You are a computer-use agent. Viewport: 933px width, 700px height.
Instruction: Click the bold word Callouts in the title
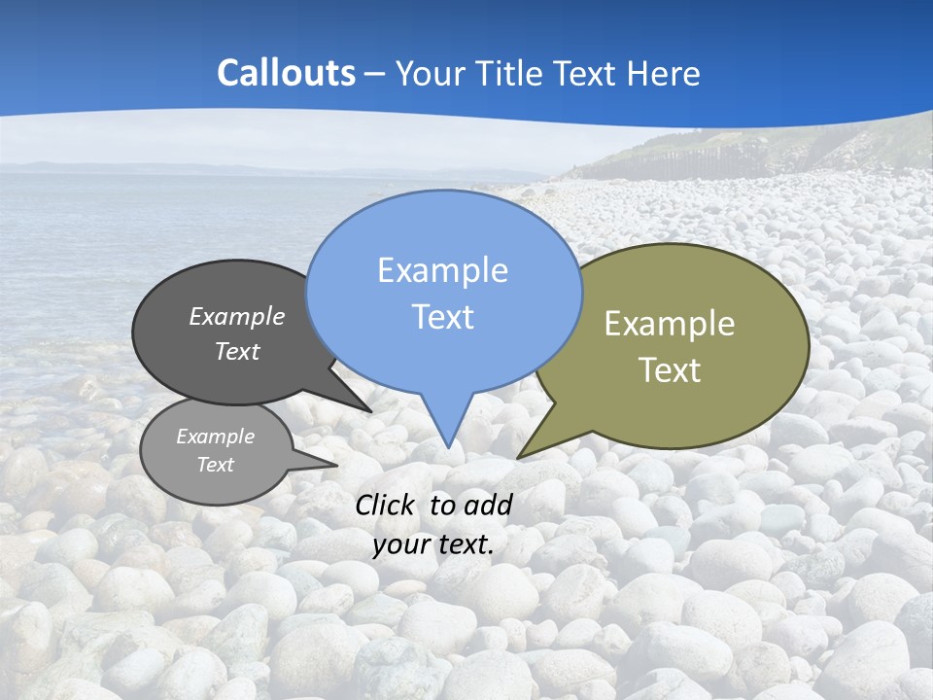(286, 73)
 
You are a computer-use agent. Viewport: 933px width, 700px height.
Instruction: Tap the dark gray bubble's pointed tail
(365, 408)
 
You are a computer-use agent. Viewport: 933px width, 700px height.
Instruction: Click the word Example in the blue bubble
(442, 270)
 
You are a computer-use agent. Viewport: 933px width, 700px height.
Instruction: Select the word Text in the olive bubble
(670, 370)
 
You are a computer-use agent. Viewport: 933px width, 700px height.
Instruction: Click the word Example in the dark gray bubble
(236, 316)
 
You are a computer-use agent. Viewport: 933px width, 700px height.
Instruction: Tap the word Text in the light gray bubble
(215, 465)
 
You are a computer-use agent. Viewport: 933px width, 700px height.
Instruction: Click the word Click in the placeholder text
(385, 505)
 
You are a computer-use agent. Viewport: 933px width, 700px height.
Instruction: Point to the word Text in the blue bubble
(442, 317)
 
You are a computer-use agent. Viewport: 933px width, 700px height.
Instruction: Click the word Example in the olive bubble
(670, 324)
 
